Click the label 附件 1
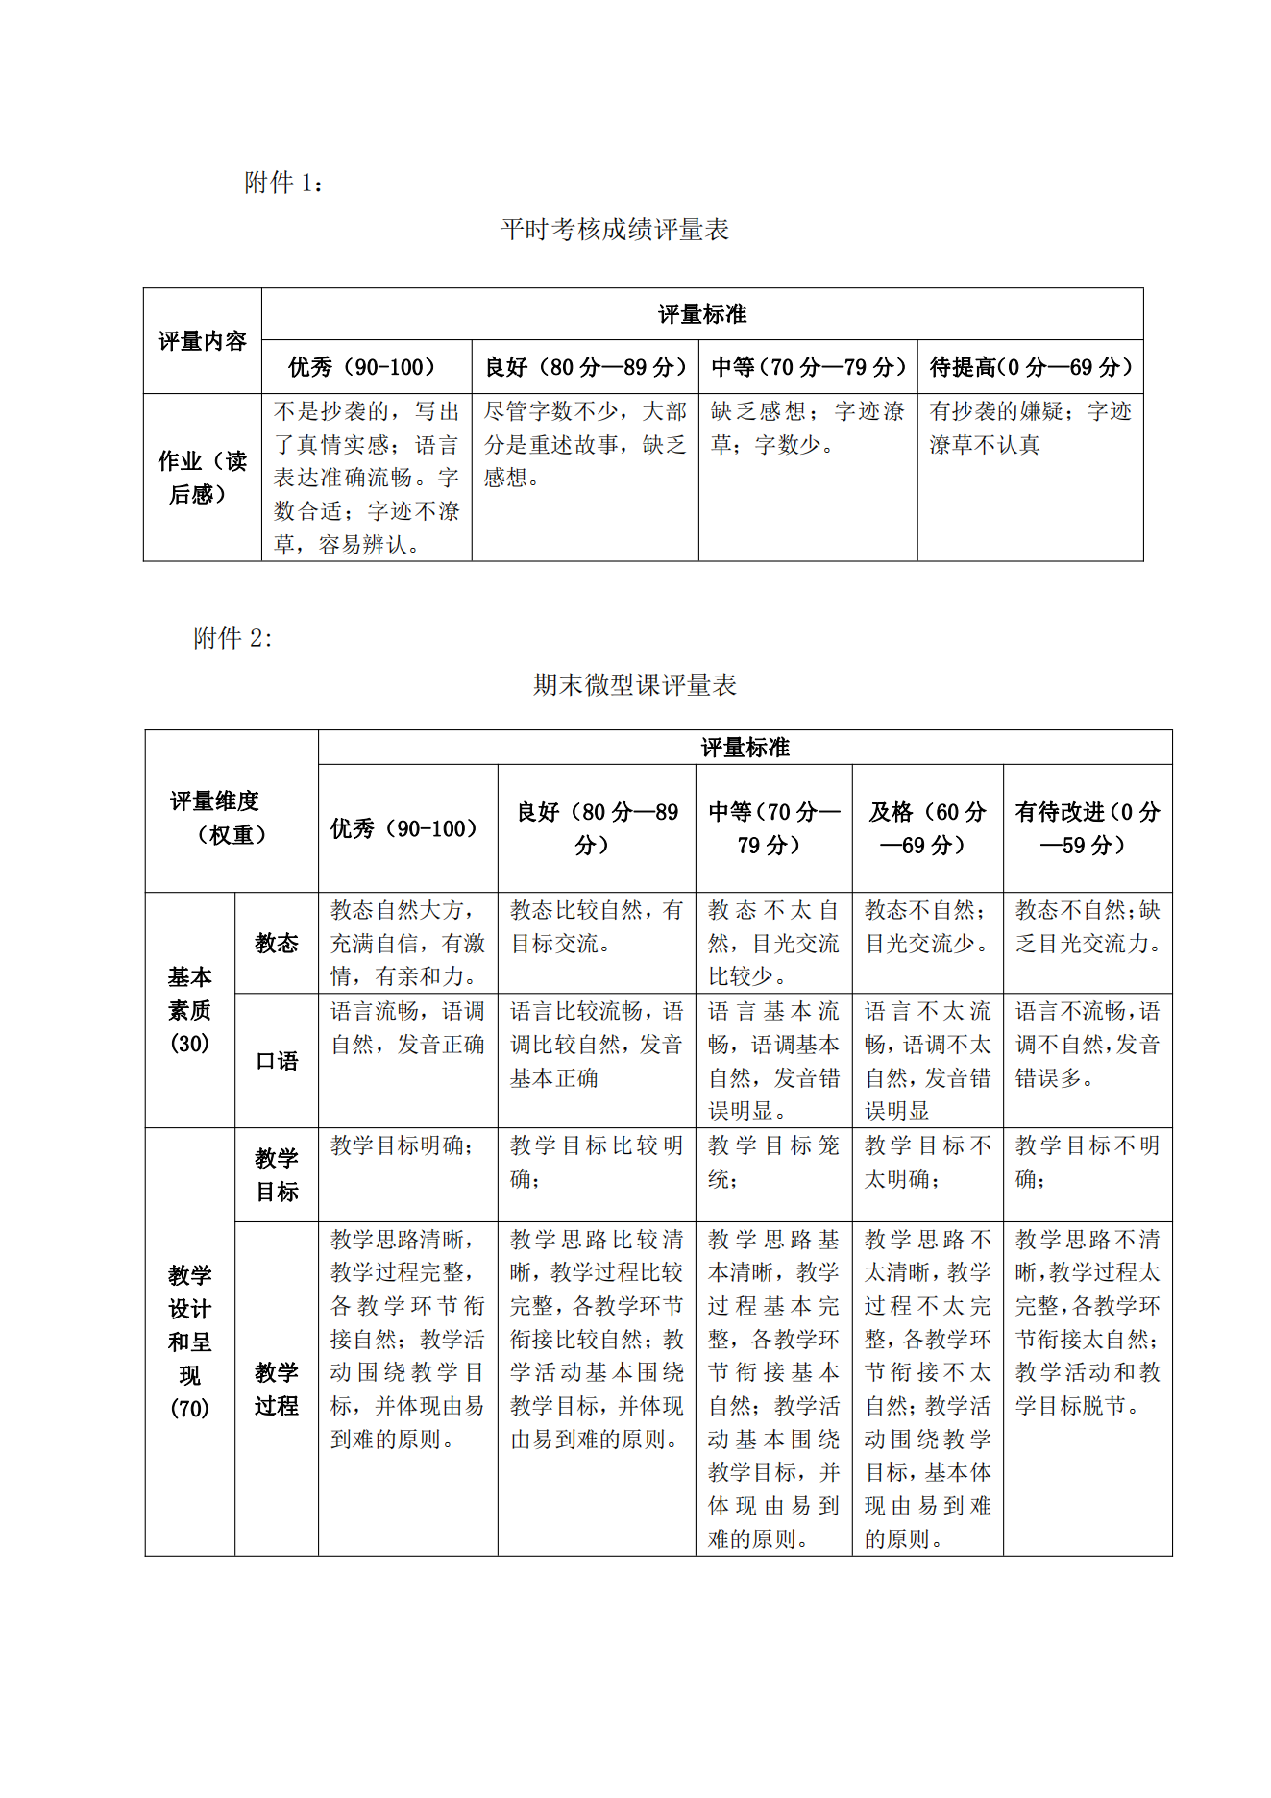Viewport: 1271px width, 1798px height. pyautogui.click(x=283, y=183)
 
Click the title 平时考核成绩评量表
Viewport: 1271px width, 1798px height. pyautogui.click(x=615, y=230)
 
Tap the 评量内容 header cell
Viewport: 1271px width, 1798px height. pyautogui.click(x=202, y=341)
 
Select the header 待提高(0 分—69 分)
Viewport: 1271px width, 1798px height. pyautogui.click(x=1030, y=367)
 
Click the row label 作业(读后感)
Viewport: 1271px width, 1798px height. pyautogui.click(x=202, y=478)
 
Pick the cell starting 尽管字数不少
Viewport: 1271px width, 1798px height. pyautogui.click(x=584, y=445)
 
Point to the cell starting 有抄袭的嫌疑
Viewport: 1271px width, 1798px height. pyautogui.click(x=1030, y=429)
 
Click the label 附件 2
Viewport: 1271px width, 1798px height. pyautogui.click(x=232, y=638)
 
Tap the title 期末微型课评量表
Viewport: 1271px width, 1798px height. pyautogui.click(x=635, y=685)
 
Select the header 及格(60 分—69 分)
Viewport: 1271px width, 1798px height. pyautogui.click(x=927, y=828)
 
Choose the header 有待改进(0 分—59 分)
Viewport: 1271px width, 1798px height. pyautogui.click(x=1087, y=828)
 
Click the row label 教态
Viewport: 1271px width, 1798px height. pyautogui.click(x=277, y=944)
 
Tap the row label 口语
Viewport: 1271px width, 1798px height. pyautogui.click(x=277, y=1062)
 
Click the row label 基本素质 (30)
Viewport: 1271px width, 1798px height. pyautogui.click(x=189, y=1010)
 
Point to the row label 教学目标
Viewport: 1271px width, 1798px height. pyautogui.click(x=277, y=1175)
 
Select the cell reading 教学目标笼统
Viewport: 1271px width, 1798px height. pyautogui.click(x=773, y=1162)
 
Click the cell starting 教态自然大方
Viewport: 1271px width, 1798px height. pyautogui.click(x=407, y=944)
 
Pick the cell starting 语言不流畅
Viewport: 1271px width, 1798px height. pyautogui.click(x=1087, y=1045)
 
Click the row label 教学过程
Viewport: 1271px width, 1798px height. pyautogui.click(x=277, y=1390)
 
